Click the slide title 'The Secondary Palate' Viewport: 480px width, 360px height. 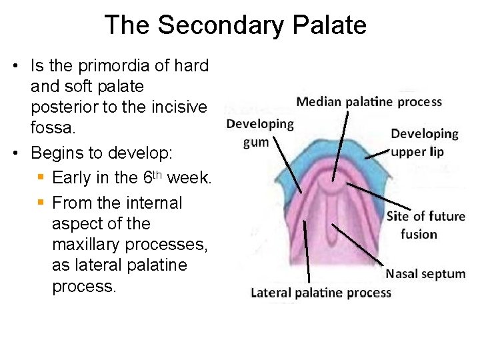point(235,25)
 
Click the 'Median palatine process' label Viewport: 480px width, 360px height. point(369,102)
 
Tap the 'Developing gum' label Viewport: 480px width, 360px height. point(260,133)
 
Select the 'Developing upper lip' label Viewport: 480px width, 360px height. point(424,143)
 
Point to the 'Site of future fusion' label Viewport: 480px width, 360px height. point(425,225)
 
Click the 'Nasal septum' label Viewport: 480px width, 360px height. point(425,274)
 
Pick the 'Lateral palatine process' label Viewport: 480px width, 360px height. point(321,293)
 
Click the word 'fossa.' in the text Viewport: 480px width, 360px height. point(50,128)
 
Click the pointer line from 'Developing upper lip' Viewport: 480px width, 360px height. point(377,153)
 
